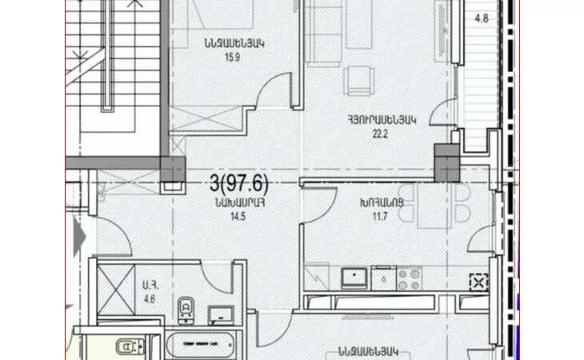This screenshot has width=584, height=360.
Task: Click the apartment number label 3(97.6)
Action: pyautogui.click(x=238, y=183)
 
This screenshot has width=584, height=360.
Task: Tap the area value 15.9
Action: pyautogui.click(x=232, y=58)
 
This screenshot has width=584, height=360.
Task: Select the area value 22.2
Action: pyautogui.click(x=380, y=134)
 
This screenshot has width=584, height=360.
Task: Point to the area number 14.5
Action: pyautogui.click(x=238, y=216)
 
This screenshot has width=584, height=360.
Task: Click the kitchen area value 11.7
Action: pyautogui.click(x=380, y=216)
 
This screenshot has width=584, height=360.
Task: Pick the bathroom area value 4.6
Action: pyautogui.click(x=149, y=298)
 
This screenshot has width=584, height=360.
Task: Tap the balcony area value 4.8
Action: pyautogui.click(x=482, y=18)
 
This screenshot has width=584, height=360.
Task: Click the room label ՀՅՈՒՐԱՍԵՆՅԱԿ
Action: pyautogui.click(x=382, y=120)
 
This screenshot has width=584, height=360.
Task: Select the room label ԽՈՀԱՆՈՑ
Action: pyautogui.click(x=382, y=203)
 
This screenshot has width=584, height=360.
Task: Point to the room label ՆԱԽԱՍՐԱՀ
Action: pyautogui.click(x=239, y=203)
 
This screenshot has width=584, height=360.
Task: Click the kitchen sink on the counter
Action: pyautogui.click(x=354, y=278)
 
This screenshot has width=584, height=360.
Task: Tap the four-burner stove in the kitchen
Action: pyautogui.click(x=409, y=279)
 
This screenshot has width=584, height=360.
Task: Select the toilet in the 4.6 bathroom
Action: pyautogui.click(x=186, y=310)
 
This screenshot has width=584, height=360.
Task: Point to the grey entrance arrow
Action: pyautogui.click(x=79, y=236)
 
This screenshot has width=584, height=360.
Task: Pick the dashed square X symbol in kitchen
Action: pyautogui.click(x=479, y=282)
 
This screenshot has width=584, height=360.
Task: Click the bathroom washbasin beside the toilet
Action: pyautogui.click(x=221, y=315)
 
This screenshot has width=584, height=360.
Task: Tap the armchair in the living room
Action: pyautogui.click(x=358, y=81)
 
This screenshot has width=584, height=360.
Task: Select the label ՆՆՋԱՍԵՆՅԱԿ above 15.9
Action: pyautogui.click(x=234, y=43)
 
